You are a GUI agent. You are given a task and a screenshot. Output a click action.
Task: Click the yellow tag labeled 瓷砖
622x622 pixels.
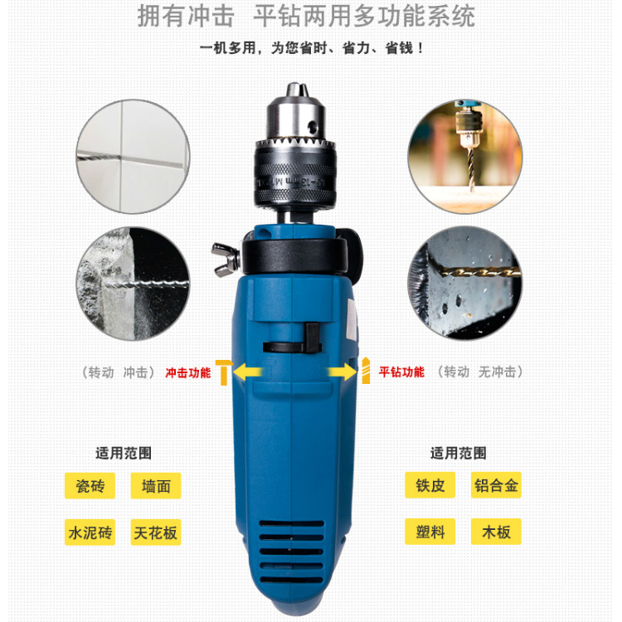(x=90, y=485)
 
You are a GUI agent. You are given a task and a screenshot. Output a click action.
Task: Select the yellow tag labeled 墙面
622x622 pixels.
(x=156, y=485)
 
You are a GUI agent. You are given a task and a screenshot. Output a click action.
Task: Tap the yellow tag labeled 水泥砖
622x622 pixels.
(x=90, y=532)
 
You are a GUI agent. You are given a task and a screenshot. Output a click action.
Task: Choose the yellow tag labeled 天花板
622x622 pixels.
(x=156, y=532)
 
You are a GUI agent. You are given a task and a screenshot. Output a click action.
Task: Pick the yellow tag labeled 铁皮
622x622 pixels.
(x=430, y=485)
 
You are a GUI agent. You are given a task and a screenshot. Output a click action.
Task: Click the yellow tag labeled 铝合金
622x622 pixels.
(x=496, y=485)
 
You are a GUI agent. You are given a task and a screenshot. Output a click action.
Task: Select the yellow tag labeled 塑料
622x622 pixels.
(x=430, y=532)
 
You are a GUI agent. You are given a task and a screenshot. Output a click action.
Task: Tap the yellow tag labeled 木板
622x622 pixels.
(x=496, y=532)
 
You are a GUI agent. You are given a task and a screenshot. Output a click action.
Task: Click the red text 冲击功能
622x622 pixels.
(x=188, y=373)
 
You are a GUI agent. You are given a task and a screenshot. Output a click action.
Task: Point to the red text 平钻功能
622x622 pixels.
(x=401, y=372)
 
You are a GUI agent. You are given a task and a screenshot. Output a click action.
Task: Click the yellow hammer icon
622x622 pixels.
(x=223, y=372)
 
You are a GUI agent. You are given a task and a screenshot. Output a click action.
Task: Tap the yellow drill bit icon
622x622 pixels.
(x=366, y=371)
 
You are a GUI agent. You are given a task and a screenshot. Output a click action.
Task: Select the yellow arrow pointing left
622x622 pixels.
(x=247, y=372)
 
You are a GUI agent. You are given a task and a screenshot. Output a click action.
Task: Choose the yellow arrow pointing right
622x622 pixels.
(x=343, y=372)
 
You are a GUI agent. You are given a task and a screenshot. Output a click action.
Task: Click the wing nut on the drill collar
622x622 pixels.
(x=226, y=260)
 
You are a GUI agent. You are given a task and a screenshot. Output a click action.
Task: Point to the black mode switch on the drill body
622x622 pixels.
(x=293, y=341)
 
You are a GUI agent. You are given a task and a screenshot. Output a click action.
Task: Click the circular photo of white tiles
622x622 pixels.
(x=133, y=157)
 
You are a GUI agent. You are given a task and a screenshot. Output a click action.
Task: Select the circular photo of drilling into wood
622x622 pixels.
(x=465, y=157)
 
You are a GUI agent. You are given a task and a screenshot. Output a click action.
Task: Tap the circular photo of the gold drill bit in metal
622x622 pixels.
(x=465, y=283)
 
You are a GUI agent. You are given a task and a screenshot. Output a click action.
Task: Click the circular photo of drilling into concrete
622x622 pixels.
(x=133, y=284)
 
